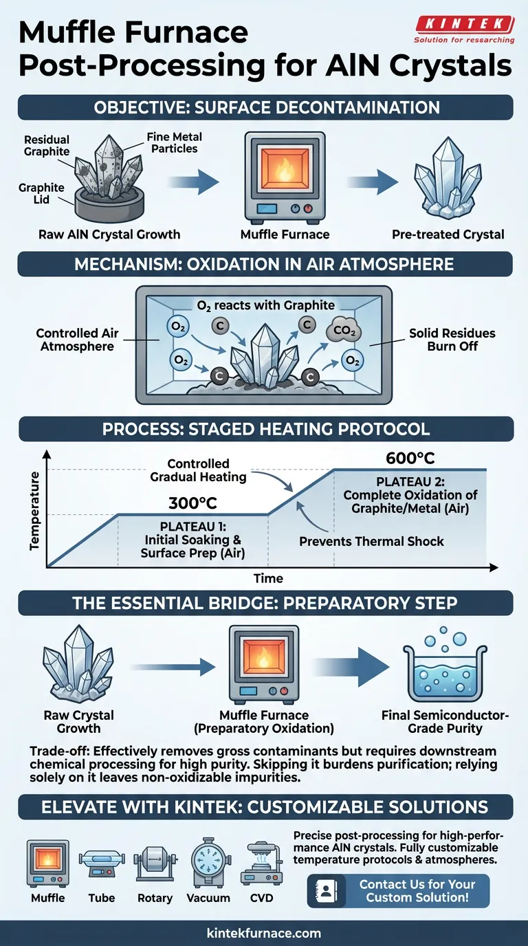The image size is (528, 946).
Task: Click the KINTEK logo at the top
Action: [x=465, y=30]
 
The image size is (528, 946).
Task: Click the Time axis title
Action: [x=267, y=577]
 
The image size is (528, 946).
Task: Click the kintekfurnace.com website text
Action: [x=264, y=933]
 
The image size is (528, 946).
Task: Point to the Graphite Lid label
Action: [x=41, y=193]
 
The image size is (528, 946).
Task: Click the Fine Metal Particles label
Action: [x=172, y=142]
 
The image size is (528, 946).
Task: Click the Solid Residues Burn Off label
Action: [x=452, y=340]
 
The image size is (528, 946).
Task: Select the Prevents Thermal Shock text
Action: [x=371, y=541]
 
